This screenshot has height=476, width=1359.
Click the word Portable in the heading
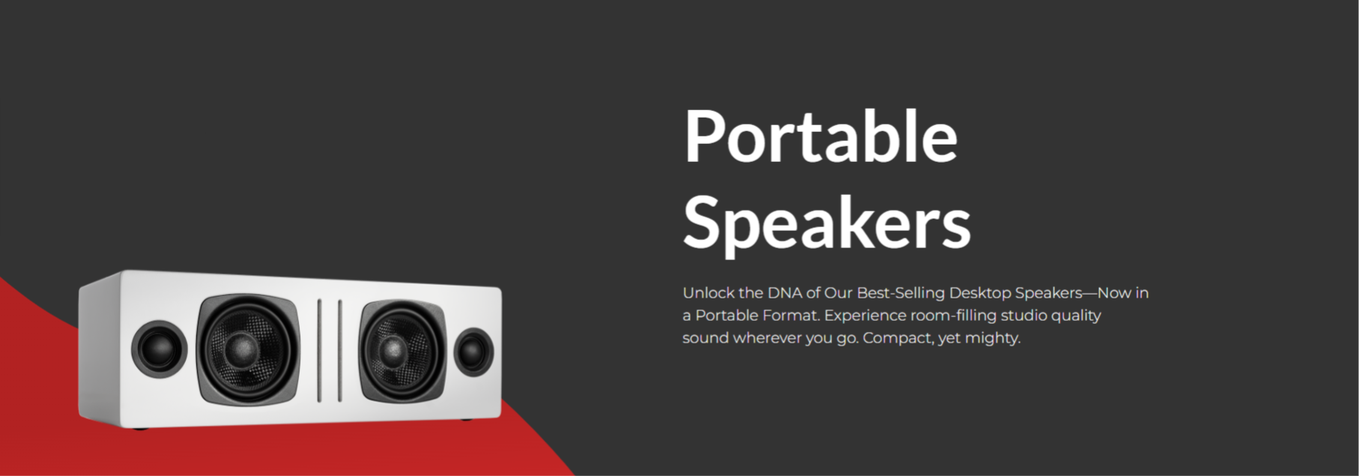click(x=820, y=136)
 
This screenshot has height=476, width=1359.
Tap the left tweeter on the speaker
click(x=159, y=347)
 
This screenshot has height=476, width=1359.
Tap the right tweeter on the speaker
click(x=473, y=352)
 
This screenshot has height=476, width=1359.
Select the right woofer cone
click(x=394, y=351)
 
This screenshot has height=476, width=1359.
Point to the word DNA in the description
click(x=784, y=293)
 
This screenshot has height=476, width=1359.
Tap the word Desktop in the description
click(x=980, y=293)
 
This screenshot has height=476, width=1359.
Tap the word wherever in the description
click(x=767, y=338)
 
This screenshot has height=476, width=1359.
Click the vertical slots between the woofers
click(x=330, y=350)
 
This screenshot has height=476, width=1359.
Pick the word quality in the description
click(x=1077, y=316)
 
